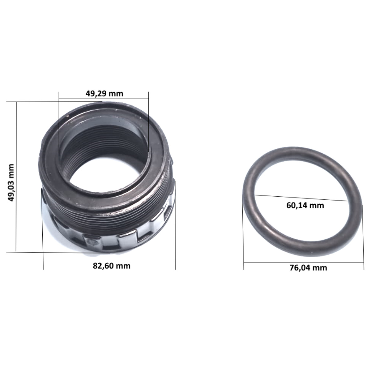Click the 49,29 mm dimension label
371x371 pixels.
tap(104, 94)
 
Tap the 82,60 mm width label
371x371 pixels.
tap(112, 266)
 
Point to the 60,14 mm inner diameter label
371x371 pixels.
tap(305, 205)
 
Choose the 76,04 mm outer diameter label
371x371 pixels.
tap(308, 268)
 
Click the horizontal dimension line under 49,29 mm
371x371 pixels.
tap(104, 99)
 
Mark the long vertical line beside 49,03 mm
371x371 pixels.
tap(16, 177)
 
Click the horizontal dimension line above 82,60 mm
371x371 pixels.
tap(109, 260)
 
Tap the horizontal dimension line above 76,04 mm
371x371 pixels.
tap(304, 262)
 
